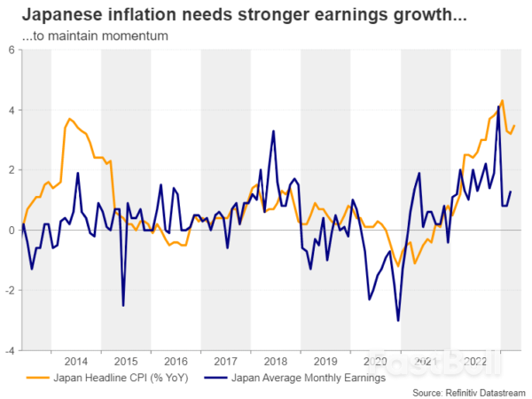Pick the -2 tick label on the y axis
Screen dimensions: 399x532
tap(8, 290)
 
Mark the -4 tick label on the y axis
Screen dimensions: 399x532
tap(8, 350)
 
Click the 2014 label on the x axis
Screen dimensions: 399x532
tap(75, 362)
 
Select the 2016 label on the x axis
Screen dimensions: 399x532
tap(176, 362)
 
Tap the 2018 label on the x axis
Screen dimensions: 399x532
tap(276, 362)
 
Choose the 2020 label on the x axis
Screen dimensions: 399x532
tap(376, 362)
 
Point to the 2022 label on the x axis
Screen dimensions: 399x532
tap(476, 362)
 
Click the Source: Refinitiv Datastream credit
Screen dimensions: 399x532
tap(466, 391)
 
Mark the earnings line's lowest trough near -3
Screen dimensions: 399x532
tap(398, 320)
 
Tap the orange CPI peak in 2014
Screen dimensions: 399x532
tap(69, 119)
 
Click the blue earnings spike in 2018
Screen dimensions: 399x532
tap(273, 131)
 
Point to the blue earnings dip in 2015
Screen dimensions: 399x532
tap(122, 305)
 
